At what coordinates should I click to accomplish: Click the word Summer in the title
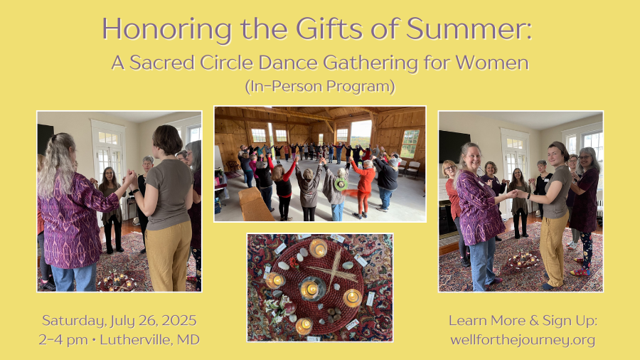click(x=469, y=28)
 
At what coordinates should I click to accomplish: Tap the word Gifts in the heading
click(x=329, y=28)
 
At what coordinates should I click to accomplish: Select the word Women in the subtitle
click(x=492, y=63)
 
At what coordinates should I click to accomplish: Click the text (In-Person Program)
click(x=320, y=86)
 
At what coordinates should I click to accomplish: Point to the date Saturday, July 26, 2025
click(x=119, y=321)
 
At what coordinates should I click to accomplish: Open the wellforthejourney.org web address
click(x=523, y=340)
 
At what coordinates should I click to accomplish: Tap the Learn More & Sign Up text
click(x=523, y=321)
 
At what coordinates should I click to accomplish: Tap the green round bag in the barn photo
click(x=341, y=184)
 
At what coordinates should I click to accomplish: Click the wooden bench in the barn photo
click(x=254, y=204)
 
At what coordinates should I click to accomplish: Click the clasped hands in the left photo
click(x=131, y=179)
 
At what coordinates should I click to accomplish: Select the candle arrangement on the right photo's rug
click(x=523, y=260)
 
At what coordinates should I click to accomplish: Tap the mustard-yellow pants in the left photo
click(x=169, y=256)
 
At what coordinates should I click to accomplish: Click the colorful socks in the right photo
click(x=580, y=270)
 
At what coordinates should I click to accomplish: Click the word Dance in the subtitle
click(x=288, y=63)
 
